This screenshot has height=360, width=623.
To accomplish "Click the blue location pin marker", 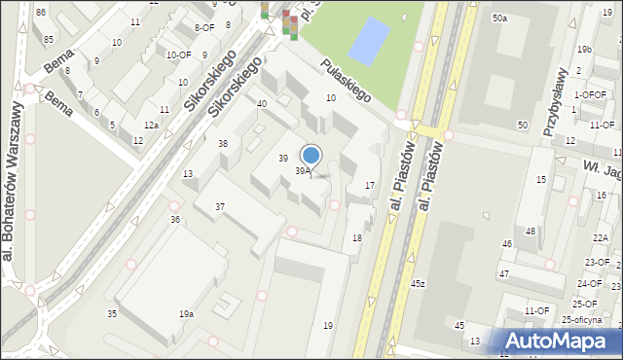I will pyautogui.click(x=311, y=156).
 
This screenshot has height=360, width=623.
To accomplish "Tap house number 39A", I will pyautogui.click(x=303, y=171).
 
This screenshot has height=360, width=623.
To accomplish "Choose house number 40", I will pyautogui.click(x=262, y=103).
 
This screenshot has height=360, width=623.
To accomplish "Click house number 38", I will pyautogui.click(x=223, y=144).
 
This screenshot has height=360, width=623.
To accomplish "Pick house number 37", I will pyautogui.click(x=220, y=207).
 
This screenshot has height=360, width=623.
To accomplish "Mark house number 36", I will pyautogui.click(x=175, y=220).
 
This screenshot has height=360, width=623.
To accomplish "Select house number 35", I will pyautogui.click(x=112, y=313).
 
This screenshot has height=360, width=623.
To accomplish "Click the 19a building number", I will pyautogui.click(x=185, y=313).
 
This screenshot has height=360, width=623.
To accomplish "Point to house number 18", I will pyautogui.click(x=357, y=238).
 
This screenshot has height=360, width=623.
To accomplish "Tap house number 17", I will pyautogui.click(x=370, y=185).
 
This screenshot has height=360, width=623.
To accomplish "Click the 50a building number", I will pyautogui.click(x=499, y=18).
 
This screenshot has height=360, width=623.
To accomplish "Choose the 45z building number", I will pyautogui.click(x=418, y=283).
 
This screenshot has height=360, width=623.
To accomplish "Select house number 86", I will pyautogui.click(x=40, y=12).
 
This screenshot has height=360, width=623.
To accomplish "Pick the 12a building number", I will pyautogui.click(x=151, y=126).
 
